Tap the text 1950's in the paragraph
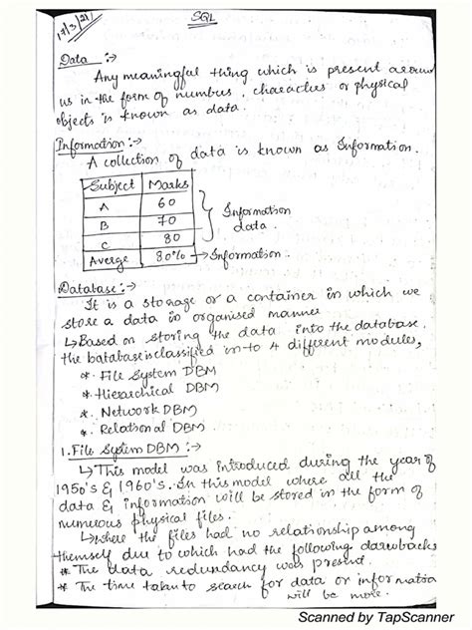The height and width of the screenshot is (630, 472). pos(74,485)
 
